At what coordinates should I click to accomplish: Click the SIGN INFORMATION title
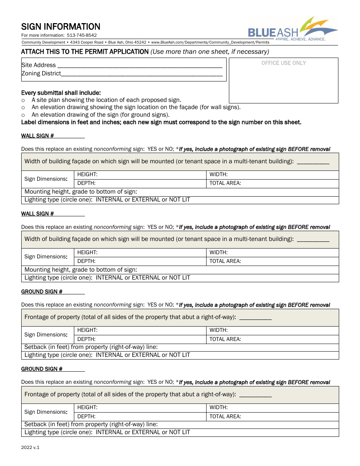61,27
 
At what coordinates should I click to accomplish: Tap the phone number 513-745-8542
81,36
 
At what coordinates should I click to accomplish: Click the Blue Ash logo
293,30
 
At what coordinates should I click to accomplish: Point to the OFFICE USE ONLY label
283,63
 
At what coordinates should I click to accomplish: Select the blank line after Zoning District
142,74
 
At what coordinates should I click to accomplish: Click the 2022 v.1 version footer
30,447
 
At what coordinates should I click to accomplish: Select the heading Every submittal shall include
61,93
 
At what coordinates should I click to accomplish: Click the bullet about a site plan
106,100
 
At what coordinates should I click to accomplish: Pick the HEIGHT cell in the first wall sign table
140,175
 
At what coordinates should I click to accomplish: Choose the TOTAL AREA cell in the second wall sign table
272,261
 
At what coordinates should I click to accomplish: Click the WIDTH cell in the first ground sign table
272,330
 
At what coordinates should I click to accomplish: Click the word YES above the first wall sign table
152,149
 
